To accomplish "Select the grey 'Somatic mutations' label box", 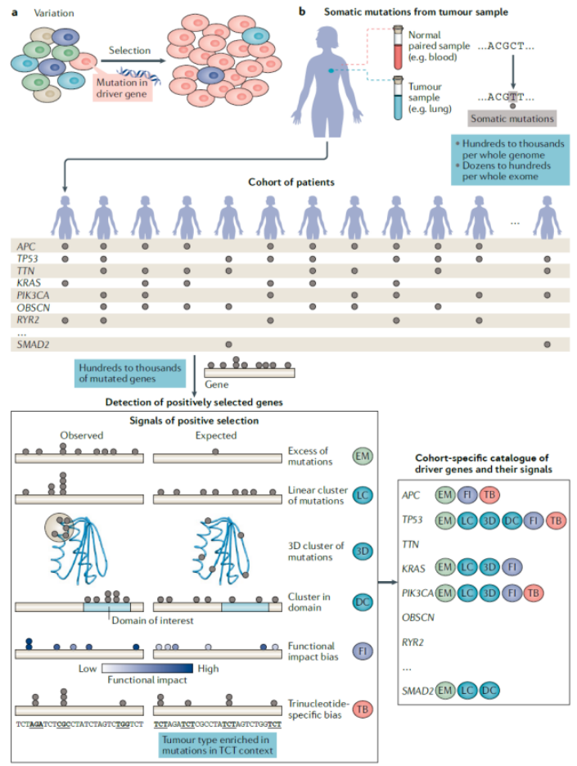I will tap(512, 119).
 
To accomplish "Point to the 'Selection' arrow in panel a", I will tap(128, 62).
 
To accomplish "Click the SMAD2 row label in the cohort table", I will tap(31, 345).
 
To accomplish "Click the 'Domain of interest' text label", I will tap(151, 620).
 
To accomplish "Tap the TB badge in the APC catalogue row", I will tap(489, 495).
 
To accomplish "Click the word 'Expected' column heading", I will tap(216, 435).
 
